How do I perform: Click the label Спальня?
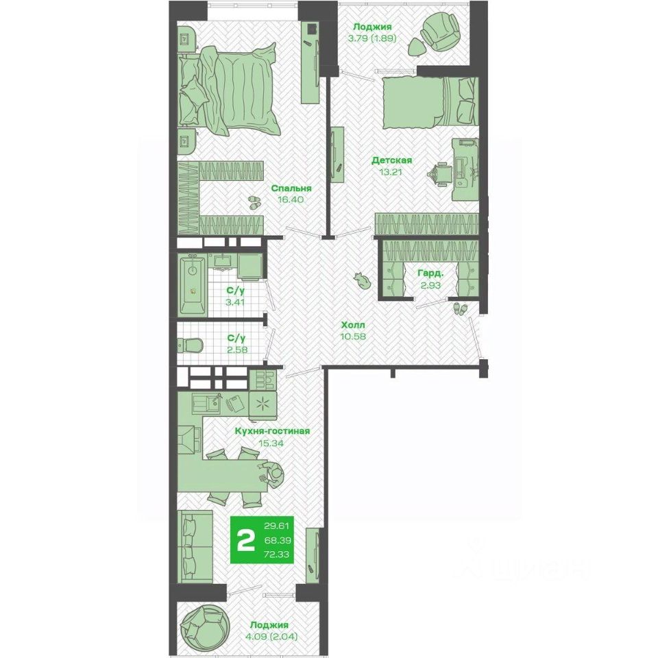click(x=291, y=188)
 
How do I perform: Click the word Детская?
click(x=391, y=160)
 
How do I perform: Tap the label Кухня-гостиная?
click(x=272, y=431)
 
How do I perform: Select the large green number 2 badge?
click(x=246, y=541)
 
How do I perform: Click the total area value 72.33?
click(x=276, y=555)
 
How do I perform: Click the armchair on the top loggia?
click(x=439, y=31)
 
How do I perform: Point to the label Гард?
click(x=430, y=274)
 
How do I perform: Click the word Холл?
click(x=353, y=325)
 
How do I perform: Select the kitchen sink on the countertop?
click(x=206, y=403)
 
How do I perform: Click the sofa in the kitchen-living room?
click(x=196, y=546)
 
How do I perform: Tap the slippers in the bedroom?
click(x=254, y=202)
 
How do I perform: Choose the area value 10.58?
click(x=353, y=336)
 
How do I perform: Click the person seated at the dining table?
click(x=271, y=473)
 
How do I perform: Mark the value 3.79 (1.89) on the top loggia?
click(x=372, y=38)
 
